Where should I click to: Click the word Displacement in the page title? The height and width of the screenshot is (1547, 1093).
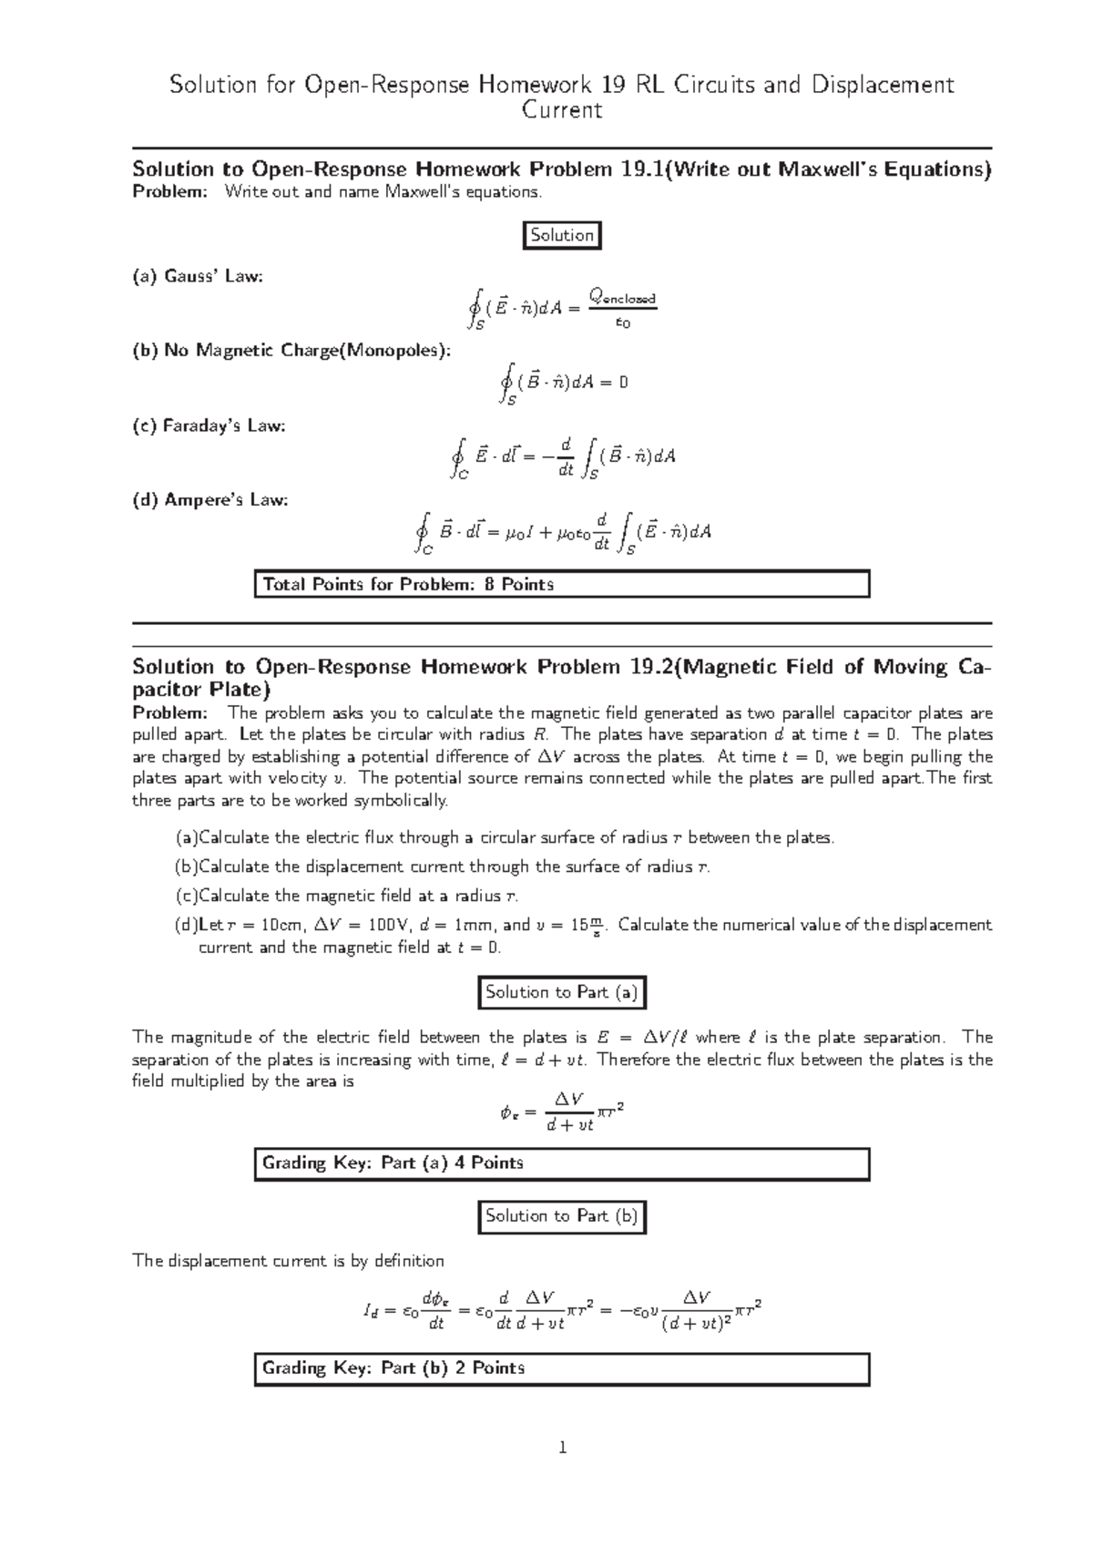(x=879, y=85)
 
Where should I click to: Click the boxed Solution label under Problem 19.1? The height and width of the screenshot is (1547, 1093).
(x=562, y=235)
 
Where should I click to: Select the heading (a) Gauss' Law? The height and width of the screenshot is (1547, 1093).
(x=198, y=276)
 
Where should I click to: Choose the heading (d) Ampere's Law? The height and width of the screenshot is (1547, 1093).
(x=210, y=500)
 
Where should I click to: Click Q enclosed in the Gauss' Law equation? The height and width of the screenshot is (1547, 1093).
(x=622, y=297)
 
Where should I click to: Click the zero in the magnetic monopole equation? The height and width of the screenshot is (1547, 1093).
(x=623, y=383)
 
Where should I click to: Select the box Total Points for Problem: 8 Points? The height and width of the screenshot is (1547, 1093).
(x=561, y=584)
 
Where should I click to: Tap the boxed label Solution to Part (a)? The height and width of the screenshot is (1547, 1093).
(x=562, y=992)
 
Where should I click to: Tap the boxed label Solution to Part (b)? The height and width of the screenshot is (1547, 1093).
(x=562, y=1215)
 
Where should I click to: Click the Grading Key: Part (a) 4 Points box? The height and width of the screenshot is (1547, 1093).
(x=561, y=1163)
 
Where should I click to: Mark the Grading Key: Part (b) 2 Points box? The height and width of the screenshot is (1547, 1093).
(x=561, y=1368)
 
